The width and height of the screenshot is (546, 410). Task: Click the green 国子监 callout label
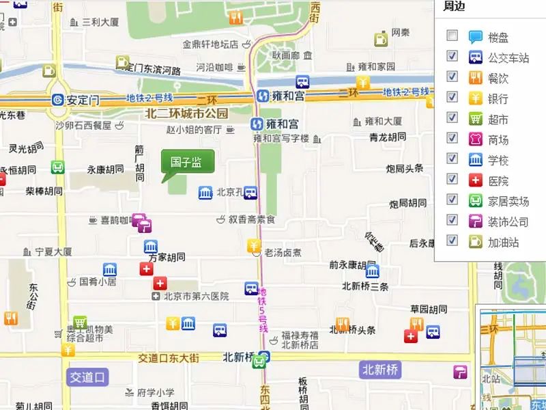187,162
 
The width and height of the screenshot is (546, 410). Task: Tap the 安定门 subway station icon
59,100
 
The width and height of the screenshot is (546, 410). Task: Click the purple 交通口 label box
88,377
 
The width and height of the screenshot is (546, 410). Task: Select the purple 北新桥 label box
380,370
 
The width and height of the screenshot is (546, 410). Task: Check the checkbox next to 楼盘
452,36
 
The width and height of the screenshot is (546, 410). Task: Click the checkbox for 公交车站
452,56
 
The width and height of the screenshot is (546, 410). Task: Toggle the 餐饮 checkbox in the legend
452,77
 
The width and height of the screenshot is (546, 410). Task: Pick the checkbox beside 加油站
452,241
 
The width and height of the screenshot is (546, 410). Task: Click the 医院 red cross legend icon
476,180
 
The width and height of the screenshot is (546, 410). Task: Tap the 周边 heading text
455,7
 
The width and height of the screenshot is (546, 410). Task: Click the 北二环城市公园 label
186,113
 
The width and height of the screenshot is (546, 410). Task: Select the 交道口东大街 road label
168,358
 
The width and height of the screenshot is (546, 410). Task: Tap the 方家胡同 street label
167,258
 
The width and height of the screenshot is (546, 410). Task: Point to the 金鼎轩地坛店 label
210,44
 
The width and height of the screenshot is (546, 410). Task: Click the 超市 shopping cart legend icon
476,119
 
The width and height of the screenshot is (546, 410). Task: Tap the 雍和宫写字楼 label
281,138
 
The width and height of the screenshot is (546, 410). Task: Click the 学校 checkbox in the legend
452,159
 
